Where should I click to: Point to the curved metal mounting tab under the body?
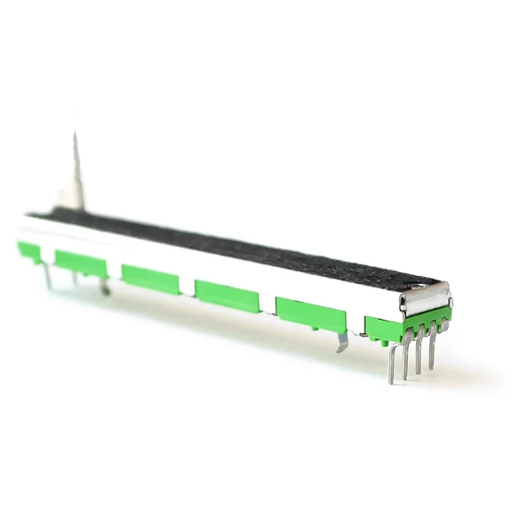click(x=342, y=341)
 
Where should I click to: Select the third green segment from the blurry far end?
click(x=150, y=277)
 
